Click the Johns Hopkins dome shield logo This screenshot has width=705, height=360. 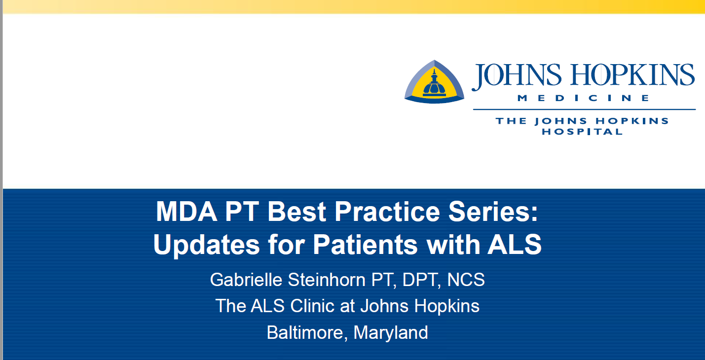[x=434, y=82]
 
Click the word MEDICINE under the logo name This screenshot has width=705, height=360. [x=583, y=98]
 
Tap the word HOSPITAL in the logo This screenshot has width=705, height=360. [x=582, y=132]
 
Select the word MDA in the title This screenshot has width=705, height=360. [x=186, y=212]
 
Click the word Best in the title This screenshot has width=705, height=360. [x=297, y=212]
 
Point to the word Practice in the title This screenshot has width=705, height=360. [x=387, y=212]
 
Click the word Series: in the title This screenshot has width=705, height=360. [x=493, y=212]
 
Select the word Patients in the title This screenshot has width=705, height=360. [x=365, y=245]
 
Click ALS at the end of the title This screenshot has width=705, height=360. [x=514, y=245]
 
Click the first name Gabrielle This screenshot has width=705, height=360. [x=246, y=280]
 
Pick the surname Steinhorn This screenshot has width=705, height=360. [x=327, y=280]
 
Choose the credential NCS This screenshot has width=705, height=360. [x=466, y=280]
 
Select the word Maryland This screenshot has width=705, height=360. [x=391, y=333]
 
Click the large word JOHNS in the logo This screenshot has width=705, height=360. [x=517, y=75]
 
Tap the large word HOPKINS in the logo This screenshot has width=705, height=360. [x=632, y=74]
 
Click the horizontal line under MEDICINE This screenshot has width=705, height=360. [x=585, y=109]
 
